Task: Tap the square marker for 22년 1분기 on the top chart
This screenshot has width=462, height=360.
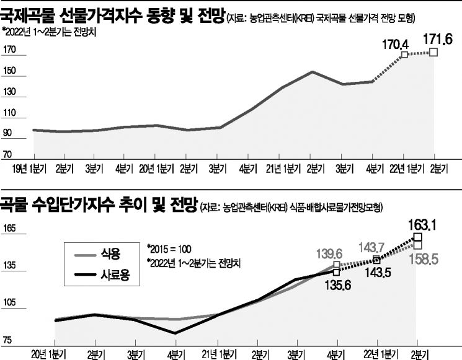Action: point(404,55)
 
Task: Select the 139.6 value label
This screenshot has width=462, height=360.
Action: point(331,253)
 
